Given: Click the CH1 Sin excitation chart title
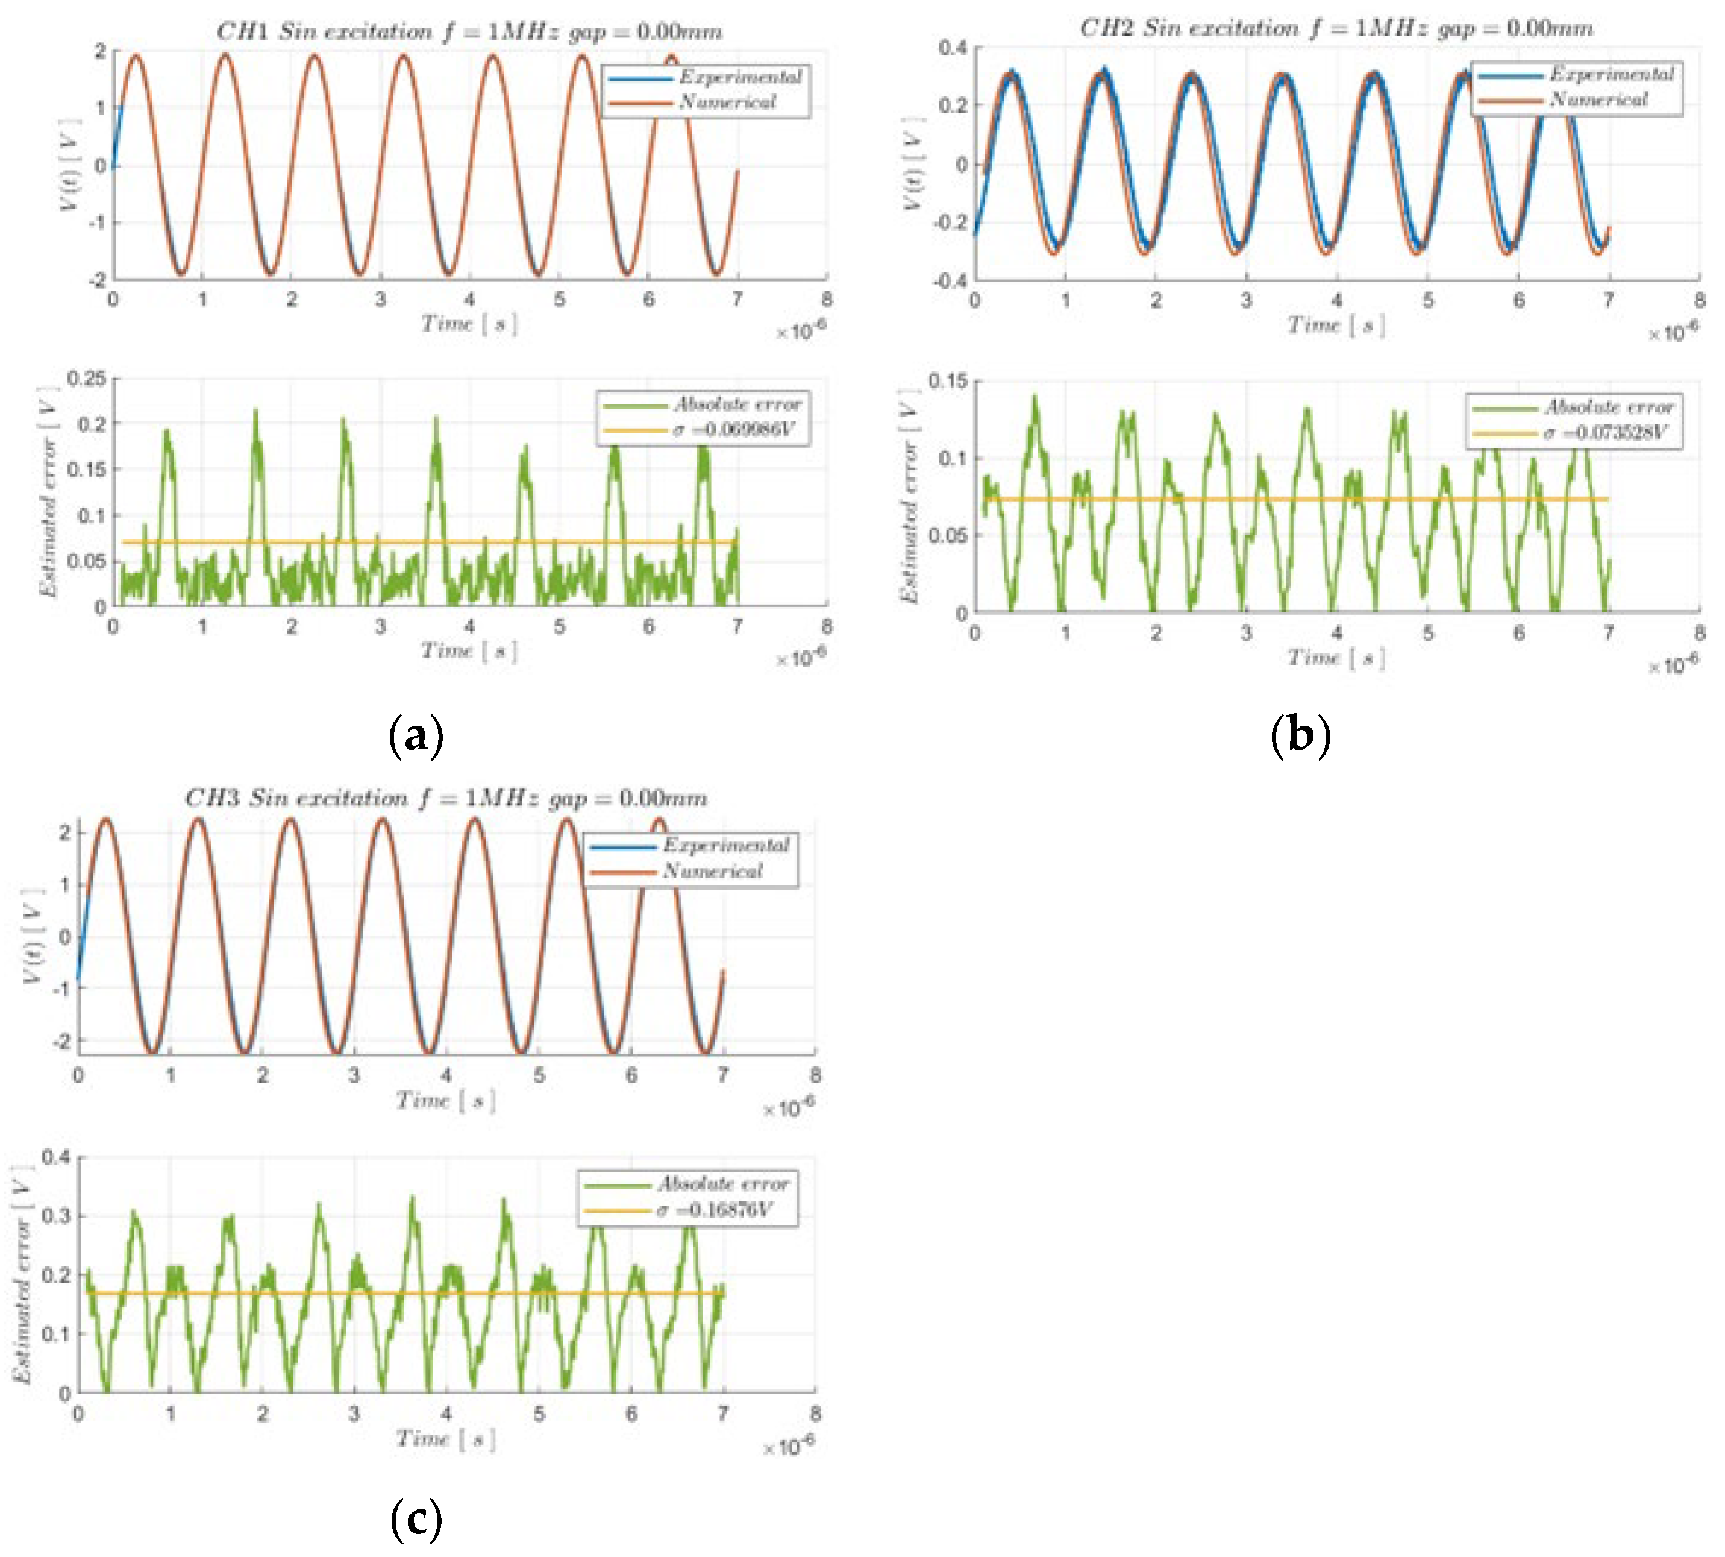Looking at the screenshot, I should tap(469, 33).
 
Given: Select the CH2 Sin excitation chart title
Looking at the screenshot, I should tap(1336, 29).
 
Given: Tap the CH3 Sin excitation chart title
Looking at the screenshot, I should tap(446, 798).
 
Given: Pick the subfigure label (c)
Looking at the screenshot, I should tap(416, 1518).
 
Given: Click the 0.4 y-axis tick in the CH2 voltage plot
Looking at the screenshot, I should tap(952, 47).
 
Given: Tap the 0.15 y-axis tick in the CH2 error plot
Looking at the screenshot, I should tap(948, 381).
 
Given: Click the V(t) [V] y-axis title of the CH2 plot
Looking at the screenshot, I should tap(913, 163).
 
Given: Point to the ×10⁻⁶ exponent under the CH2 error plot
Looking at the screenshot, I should tap(1673, 665).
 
